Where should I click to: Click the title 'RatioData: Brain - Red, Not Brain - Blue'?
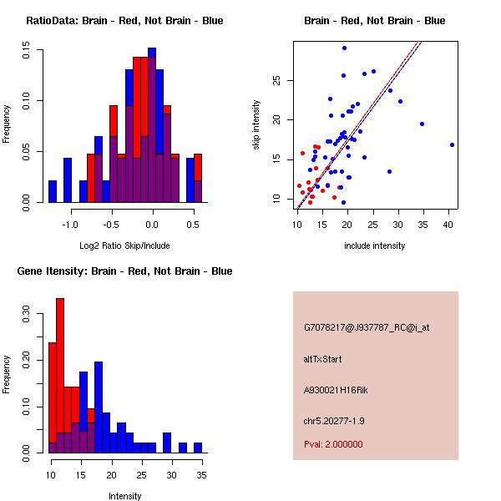point(124,21)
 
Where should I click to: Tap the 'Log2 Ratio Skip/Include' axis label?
point(124,245)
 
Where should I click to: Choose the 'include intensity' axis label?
point(375,245)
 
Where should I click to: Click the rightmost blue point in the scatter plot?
point(452,144)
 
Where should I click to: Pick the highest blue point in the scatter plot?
point(344,48)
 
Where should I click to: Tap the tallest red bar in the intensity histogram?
point(60,376)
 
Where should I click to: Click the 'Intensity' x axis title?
point(124,496)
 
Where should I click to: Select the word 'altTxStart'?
point(323,359)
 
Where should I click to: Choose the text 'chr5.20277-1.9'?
point(335,420)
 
